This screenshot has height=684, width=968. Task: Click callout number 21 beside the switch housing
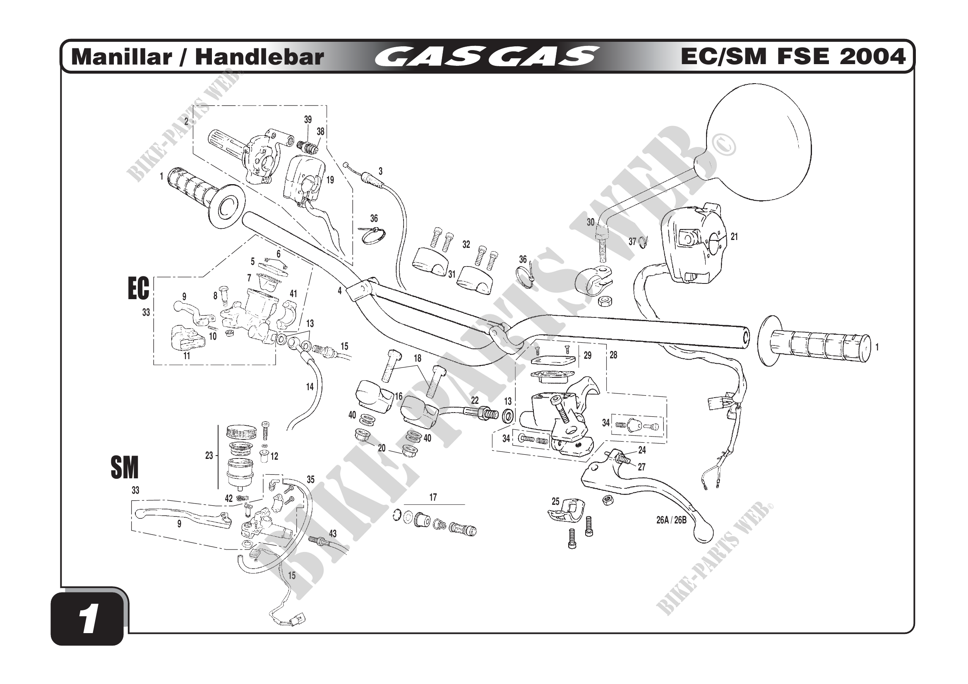pos(734,237)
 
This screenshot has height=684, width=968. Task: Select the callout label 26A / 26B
pos(671,520)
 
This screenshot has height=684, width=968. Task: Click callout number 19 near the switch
pos(330,180)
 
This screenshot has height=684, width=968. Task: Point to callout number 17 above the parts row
pos(433,497)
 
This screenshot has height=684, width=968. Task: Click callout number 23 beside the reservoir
pos(209,455)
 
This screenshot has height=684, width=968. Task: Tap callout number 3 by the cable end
pos(380,171)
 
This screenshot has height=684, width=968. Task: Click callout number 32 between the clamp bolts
pos(466,245)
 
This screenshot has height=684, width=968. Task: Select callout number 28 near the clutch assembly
pos(613,355)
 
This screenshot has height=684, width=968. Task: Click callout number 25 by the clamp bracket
pos(555,501)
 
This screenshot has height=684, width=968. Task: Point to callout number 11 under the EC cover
pos(187,356)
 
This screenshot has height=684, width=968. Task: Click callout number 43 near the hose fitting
pos(333,533)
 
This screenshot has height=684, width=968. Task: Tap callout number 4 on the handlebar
pos(339,290)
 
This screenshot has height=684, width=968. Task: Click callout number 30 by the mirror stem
pos(590,222)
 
